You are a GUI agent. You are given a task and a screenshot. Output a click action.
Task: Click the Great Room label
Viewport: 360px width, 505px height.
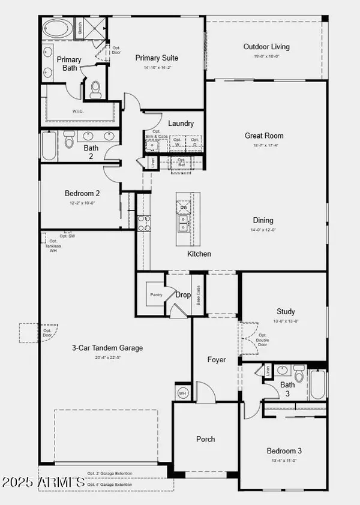(264, 136)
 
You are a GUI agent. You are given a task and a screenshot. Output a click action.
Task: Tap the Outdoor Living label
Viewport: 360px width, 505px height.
(266, 47)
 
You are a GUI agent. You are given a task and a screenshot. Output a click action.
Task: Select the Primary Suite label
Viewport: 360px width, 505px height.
(157, 58)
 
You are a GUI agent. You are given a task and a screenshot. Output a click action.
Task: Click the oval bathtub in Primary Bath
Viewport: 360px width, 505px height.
(56, 29)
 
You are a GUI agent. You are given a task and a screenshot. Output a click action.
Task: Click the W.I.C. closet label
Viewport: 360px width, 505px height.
(77, 111)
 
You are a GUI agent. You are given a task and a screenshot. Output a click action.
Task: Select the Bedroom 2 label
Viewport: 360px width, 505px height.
(82, 193)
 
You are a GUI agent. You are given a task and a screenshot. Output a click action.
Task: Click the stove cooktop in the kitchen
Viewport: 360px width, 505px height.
(144, 223)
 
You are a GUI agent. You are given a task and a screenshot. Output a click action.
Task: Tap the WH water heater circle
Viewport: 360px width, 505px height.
(183, 393)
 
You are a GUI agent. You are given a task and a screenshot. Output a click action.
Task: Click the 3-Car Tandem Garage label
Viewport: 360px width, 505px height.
(107, 348)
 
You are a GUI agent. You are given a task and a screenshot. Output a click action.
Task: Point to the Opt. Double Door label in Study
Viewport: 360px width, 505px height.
(262, 341)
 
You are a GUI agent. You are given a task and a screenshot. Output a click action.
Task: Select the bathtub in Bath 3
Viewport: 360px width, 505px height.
(317, 384)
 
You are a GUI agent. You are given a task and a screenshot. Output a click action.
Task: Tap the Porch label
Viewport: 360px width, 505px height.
(206, 439)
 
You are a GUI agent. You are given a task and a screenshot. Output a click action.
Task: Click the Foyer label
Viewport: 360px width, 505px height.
(217, 360)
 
